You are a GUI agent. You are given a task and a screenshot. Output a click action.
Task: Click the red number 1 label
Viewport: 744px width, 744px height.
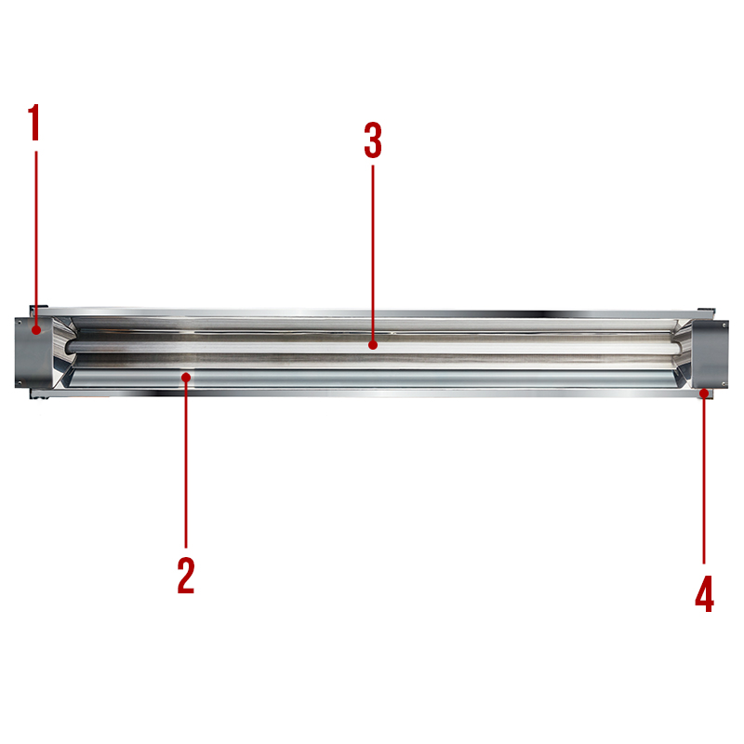pos(33,123)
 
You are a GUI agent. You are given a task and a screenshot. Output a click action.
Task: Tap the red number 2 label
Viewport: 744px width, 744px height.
pos(186,576)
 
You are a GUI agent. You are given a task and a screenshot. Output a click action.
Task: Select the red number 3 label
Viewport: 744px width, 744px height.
pos(373,140)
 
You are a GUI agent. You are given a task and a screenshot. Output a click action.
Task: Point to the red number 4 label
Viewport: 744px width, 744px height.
pos(705,593)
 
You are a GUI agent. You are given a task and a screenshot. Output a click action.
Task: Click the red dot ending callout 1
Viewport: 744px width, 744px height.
pos(36,330)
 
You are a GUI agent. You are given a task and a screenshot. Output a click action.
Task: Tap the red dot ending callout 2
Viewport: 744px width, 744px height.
pos(187,378)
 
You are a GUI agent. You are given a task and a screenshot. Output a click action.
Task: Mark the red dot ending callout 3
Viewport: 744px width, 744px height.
pos(373,345)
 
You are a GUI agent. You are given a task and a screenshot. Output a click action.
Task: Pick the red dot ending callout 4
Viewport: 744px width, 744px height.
pos(705,392)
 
